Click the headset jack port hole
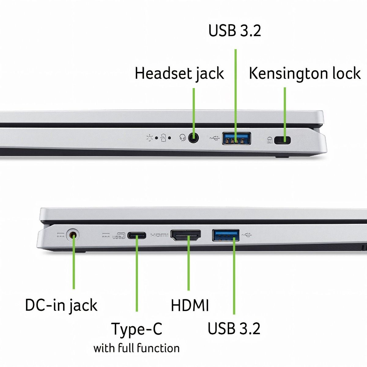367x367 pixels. coord(193,138)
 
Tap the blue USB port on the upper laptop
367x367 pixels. coord(236,139)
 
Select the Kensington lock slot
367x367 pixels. coord(283,140)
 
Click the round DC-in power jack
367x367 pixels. coord(72,235)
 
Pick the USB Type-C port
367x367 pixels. coord(137,235)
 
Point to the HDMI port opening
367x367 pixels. coord(186,235)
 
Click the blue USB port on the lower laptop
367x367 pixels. coord(226,235)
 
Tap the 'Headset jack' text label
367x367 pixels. coord(179,74)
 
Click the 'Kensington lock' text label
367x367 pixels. coord(305,73)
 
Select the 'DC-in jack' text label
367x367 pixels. coord(61,305)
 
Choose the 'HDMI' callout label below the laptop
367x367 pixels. coord(190,305)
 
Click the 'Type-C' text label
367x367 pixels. coord(137,329)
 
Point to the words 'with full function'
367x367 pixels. coord(136,348)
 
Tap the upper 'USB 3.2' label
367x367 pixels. coord(235,31)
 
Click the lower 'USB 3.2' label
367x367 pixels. coord(234,328)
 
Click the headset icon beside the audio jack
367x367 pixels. coord(183,138)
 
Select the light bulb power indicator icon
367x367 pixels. coord(150,138)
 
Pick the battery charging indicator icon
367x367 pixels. coord(164,138)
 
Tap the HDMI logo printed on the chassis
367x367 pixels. coord(159,235)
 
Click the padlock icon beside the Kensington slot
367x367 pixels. coord(270,140)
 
